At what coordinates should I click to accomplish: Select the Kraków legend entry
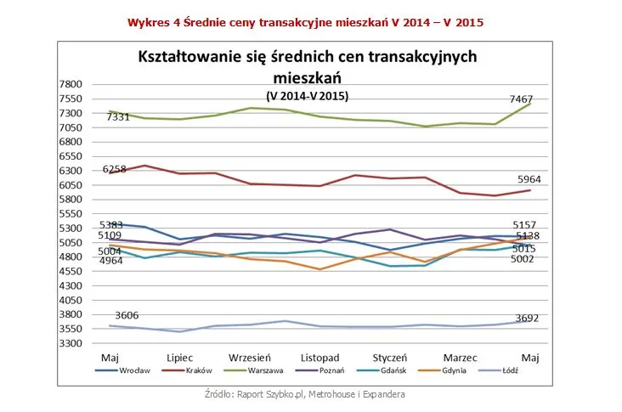197,370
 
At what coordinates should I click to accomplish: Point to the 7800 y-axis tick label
71,84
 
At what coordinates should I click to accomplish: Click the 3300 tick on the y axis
71,343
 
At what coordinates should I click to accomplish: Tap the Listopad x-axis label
320,358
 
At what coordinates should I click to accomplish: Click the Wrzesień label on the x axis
250,358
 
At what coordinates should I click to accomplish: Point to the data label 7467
521,99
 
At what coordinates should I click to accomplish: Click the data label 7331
117,117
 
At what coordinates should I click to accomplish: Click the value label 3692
527,319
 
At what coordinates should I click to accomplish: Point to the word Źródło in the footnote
220,394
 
